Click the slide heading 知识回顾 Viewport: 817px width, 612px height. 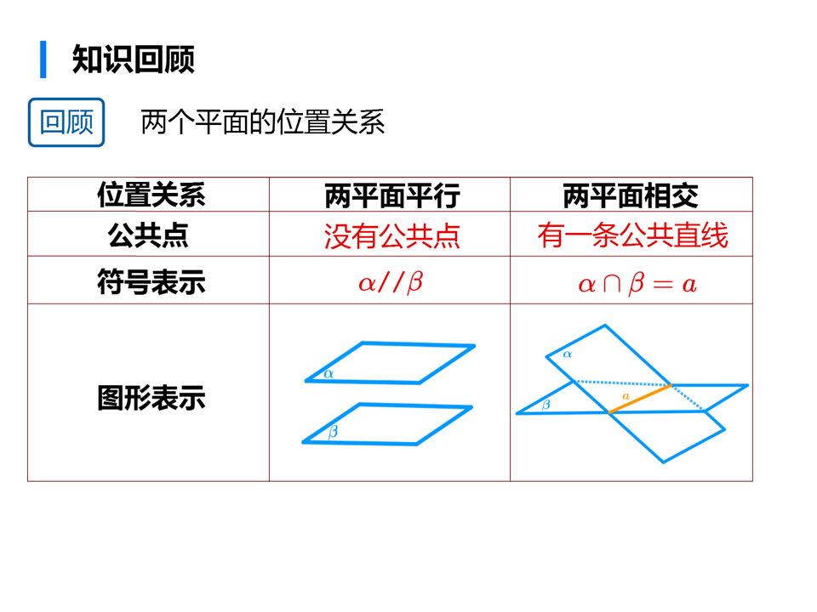click(x=134, y=59)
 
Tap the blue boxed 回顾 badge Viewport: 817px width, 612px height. click(x=66, y=122)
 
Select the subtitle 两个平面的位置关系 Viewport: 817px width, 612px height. click(x=262, y=122)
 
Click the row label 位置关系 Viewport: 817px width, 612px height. click(x=150, y=195)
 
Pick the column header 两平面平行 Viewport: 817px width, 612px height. click(x=391, y=195)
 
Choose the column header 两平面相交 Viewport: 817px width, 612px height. click(x=631, y=195)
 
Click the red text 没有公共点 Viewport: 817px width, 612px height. click(x=391, y=235)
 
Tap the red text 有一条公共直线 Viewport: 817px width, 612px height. click(x=632, y=235)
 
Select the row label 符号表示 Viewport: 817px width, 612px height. click(x=150, y=281)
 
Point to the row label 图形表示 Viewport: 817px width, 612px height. click(x=150, y=398)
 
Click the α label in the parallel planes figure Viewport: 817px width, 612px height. click(x=329, y=372)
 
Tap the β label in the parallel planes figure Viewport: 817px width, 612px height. click(x=332, y=432)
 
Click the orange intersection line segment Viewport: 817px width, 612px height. click(x=640, y=399)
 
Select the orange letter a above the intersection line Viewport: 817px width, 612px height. click(x=626, y=396)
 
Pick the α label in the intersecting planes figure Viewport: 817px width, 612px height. click(x=568, y=354)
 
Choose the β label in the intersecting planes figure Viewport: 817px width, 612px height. click(x=546, y=405)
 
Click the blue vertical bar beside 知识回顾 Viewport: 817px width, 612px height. click(x=43, y=59)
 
